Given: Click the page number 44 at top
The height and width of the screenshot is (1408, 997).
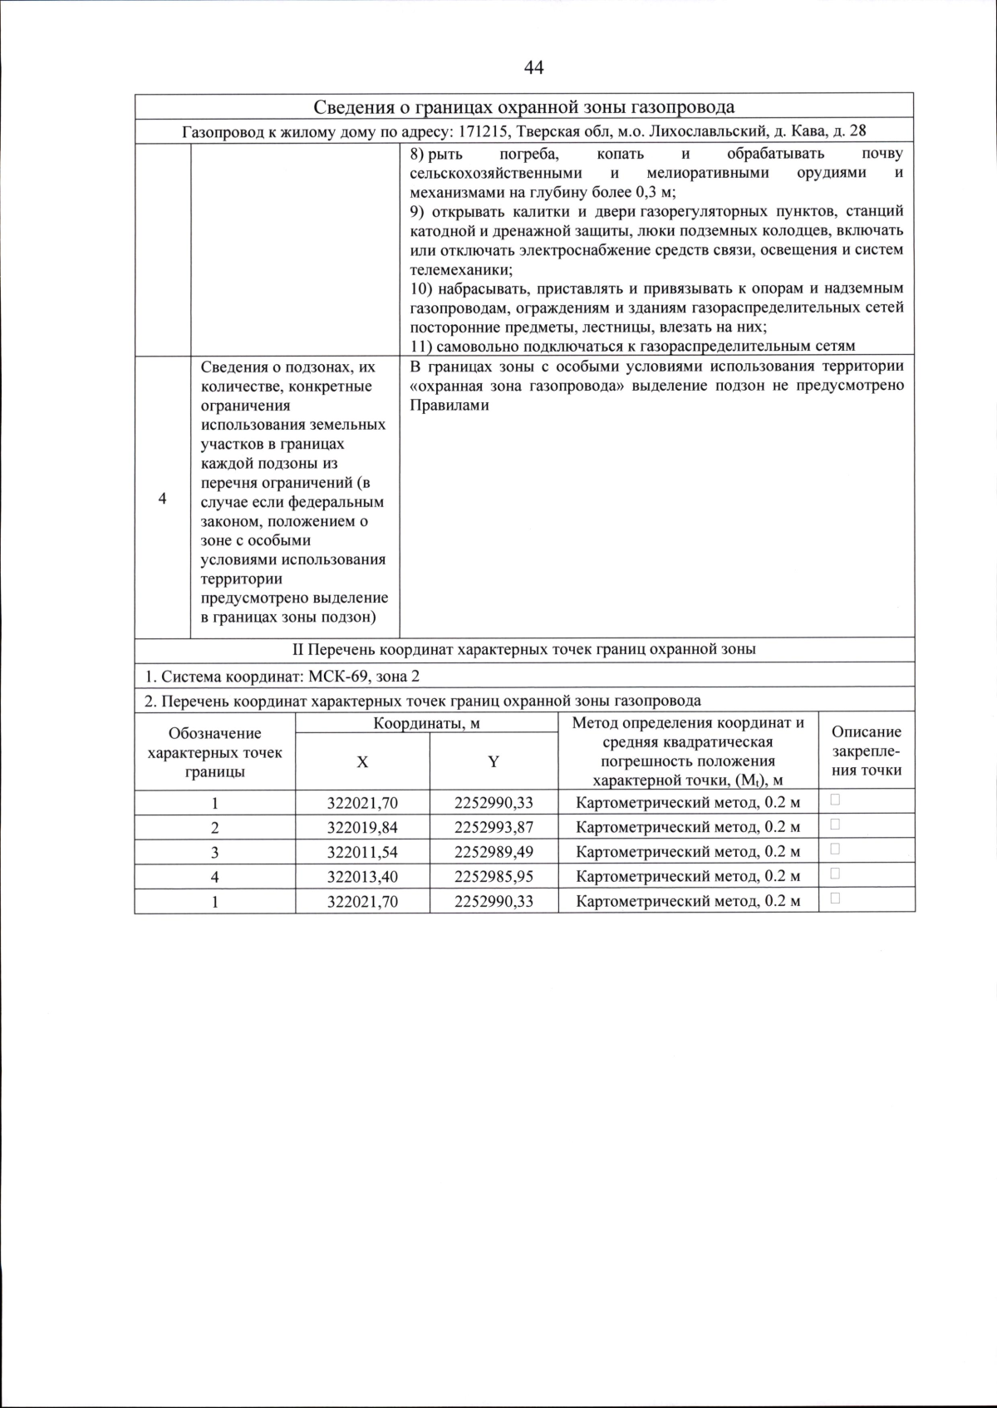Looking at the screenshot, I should [x=534, y=67].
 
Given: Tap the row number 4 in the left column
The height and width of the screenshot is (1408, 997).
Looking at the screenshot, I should [x=162, y=499].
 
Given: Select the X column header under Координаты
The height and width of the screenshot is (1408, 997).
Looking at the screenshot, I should [x=362, y=761].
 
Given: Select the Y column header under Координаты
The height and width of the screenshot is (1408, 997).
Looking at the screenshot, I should [x=494, y=761].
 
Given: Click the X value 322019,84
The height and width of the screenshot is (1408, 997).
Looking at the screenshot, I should [x=362, y=828].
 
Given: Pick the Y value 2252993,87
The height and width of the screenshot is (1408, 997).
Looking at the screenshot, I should [x=494, y=828].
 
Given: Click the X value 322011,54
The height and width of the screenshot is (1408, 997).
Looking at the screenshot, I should [x=362, y=852].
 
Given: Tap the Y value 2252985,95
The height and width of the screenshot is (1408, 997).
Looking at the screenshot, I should [x=494, y=877].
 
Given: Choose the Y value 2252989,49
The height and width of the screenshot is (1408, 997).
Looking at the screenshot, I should [x=494, y=852].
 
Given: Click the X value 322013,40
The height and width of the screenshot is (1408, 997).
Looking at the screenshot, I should [x=362, y=877].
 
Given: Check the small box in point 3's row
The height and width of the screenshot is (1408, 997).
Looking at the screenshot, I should [x=835, y=849].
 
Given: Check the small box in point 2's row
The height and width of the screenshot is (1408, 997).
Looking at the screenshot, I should [x=835, y=825].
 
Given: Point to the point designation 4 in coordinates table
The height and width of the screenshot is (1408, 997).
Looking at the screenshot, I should [x=214, y=877].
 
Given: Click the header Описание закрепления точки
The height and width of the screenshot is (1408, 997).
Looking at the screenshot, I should [x=867, y=751].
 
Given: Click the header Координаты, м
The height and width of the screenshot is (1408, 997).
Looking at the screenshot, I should [x=426, y=723].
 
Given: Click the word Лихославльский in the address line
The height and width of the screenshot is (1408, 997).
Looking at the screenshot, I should [x=705, y=132].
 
